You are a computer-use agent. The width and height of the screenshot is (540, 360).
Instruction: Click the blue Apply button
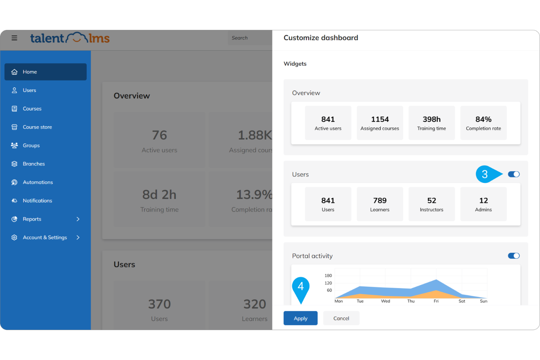(300, 318)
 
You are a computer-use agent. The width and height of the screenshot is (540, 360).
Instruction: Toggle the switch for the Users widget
(514, 174)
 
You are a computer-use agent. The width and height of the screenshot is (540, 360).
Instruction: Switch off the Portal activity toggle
(514, 256)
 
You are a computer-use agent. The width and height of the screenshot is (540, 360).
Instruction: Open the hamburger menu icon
(14, 38)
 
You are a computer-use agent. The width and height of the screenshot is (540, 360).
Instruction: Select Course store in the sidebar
(37, 127)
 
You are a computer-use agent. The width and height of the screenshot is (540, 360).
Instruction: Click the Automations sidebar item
(38, 182)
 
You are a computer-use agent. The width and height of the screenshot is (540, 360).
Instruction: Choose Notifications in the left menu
(37, 201)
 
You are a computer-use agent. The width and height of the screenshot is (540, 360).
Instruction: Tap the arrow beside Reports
(78, 219)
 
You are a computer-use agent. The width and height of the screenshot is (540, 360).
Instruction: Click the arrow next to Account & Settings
(78, 237)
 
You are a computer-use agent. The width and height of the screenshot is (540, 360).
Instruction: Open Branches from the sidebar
(34, 164)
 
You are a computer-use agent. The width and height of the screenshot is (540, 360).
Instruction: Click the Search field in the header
(250, 38)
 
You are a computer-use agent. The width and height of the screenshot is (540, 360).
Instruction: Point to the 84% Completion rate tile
(483, 123)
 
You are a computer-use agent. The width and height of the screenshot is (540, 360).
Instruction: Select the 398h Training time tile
(431, 123)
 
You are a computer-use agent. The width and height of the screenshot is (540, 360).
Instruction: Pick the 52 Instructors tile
(431, 204)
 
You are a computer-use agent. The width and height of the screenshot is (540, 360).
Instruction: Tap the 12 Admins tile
(483, 204)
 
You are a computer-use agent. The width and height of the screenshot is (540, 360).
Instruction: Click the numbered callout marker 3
(485, 174)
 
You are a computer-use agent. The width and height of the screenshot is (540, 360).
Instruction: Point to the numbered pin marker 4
(301, 287)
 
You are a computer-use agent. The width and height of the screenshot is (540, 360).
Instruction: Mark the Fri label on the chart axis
(436, 301)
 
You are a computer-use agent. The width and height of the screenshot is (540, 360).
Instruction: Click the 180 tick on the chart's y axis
(328, 275)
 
